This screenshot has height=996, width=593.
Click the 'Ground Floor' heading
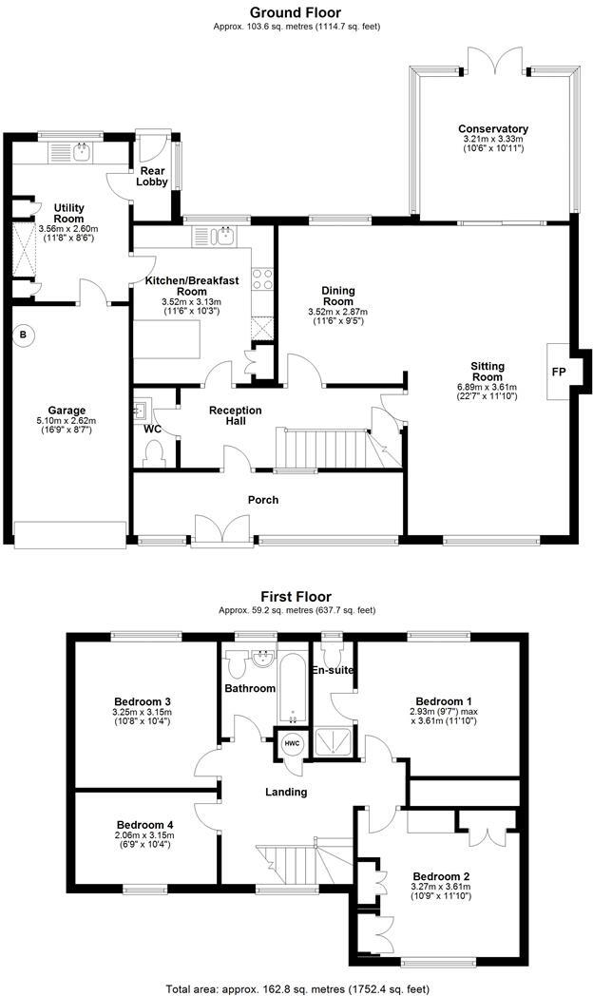click(x=295, y=12)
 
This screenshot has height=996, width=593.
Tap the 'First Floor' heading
click(x=295, y=596)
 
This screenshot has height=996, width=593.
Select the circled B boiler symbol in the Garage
click(x=23, y=335)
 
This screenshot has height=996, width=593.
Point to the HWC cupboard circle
click(x=291, y=744)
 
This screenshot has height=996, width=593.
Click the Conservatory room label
click(x=492, y=129)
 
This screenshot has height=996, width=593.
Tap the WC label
click(x=151, y=430)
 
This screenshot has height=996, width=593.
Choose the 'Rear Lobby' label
click(x=152, y=177)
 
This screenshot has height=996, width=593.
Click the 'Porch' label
click(x=263, y=500)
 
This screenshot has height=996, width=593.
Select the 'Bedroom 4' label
click(x=145, y=825)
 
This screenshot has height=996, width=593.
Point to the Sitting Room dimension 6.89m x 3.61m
click(x=488, y=388)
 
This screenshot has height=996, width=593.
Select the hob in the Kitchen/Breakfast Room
click(x=261, y=279)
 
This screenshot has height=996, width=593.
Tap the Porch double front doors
click(x=221, y=530)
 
